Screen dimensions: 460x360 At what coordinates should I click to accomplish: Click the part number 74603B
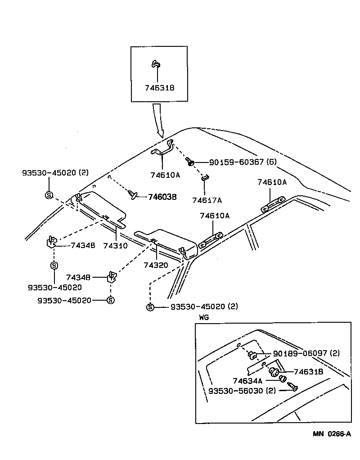(x=162, y=196)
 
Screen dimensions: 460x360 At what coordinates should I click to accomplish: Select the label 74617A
(x=207, y=200)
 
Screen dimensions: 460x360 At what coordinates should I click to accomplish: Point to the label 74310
(x=115, y=246)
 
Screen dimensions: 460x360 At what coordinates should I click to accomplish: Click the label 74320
(x=156, y=265)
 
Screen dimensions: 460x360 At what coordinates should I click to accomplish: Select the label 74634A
(x=247, y=380)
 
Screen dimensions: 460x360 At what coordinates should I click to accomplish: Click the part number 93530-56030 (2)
(x=242, y=390)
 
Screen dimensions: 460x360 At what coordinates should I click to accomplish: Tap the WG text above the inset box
(x=204, y=317)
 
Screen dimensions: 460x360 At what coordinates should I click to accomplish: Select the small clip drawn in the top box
(x=155, y=64)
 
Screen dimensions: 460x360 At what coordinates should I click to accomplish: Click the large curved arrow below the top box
(x=158, y=120)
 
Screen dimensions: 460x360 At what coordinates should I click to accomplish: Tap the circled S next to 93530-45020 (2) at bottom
(x=150, y=307)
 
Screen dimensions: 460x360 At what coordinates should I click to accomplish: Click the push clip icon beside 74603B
(x=133, y=194)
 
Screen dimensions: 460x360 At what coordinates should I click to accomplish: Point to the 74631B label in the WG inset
(x=308, y=372)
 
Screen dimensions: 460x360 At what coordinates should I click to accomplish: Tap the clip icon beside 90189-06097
(x=252, y=356)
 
